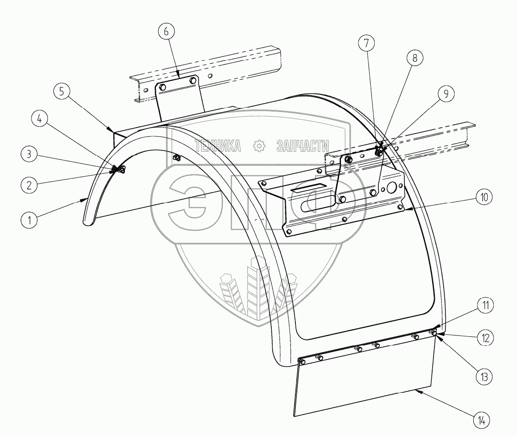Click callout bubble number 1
click(x=29, y=221)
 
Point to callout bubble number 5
click(x=62, y=91)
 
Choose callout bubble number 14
click(x=482, y=419)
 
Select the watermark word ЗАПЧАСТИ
click(x=302, y=146)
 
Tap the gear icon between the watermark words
click(x=258, y=146)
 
